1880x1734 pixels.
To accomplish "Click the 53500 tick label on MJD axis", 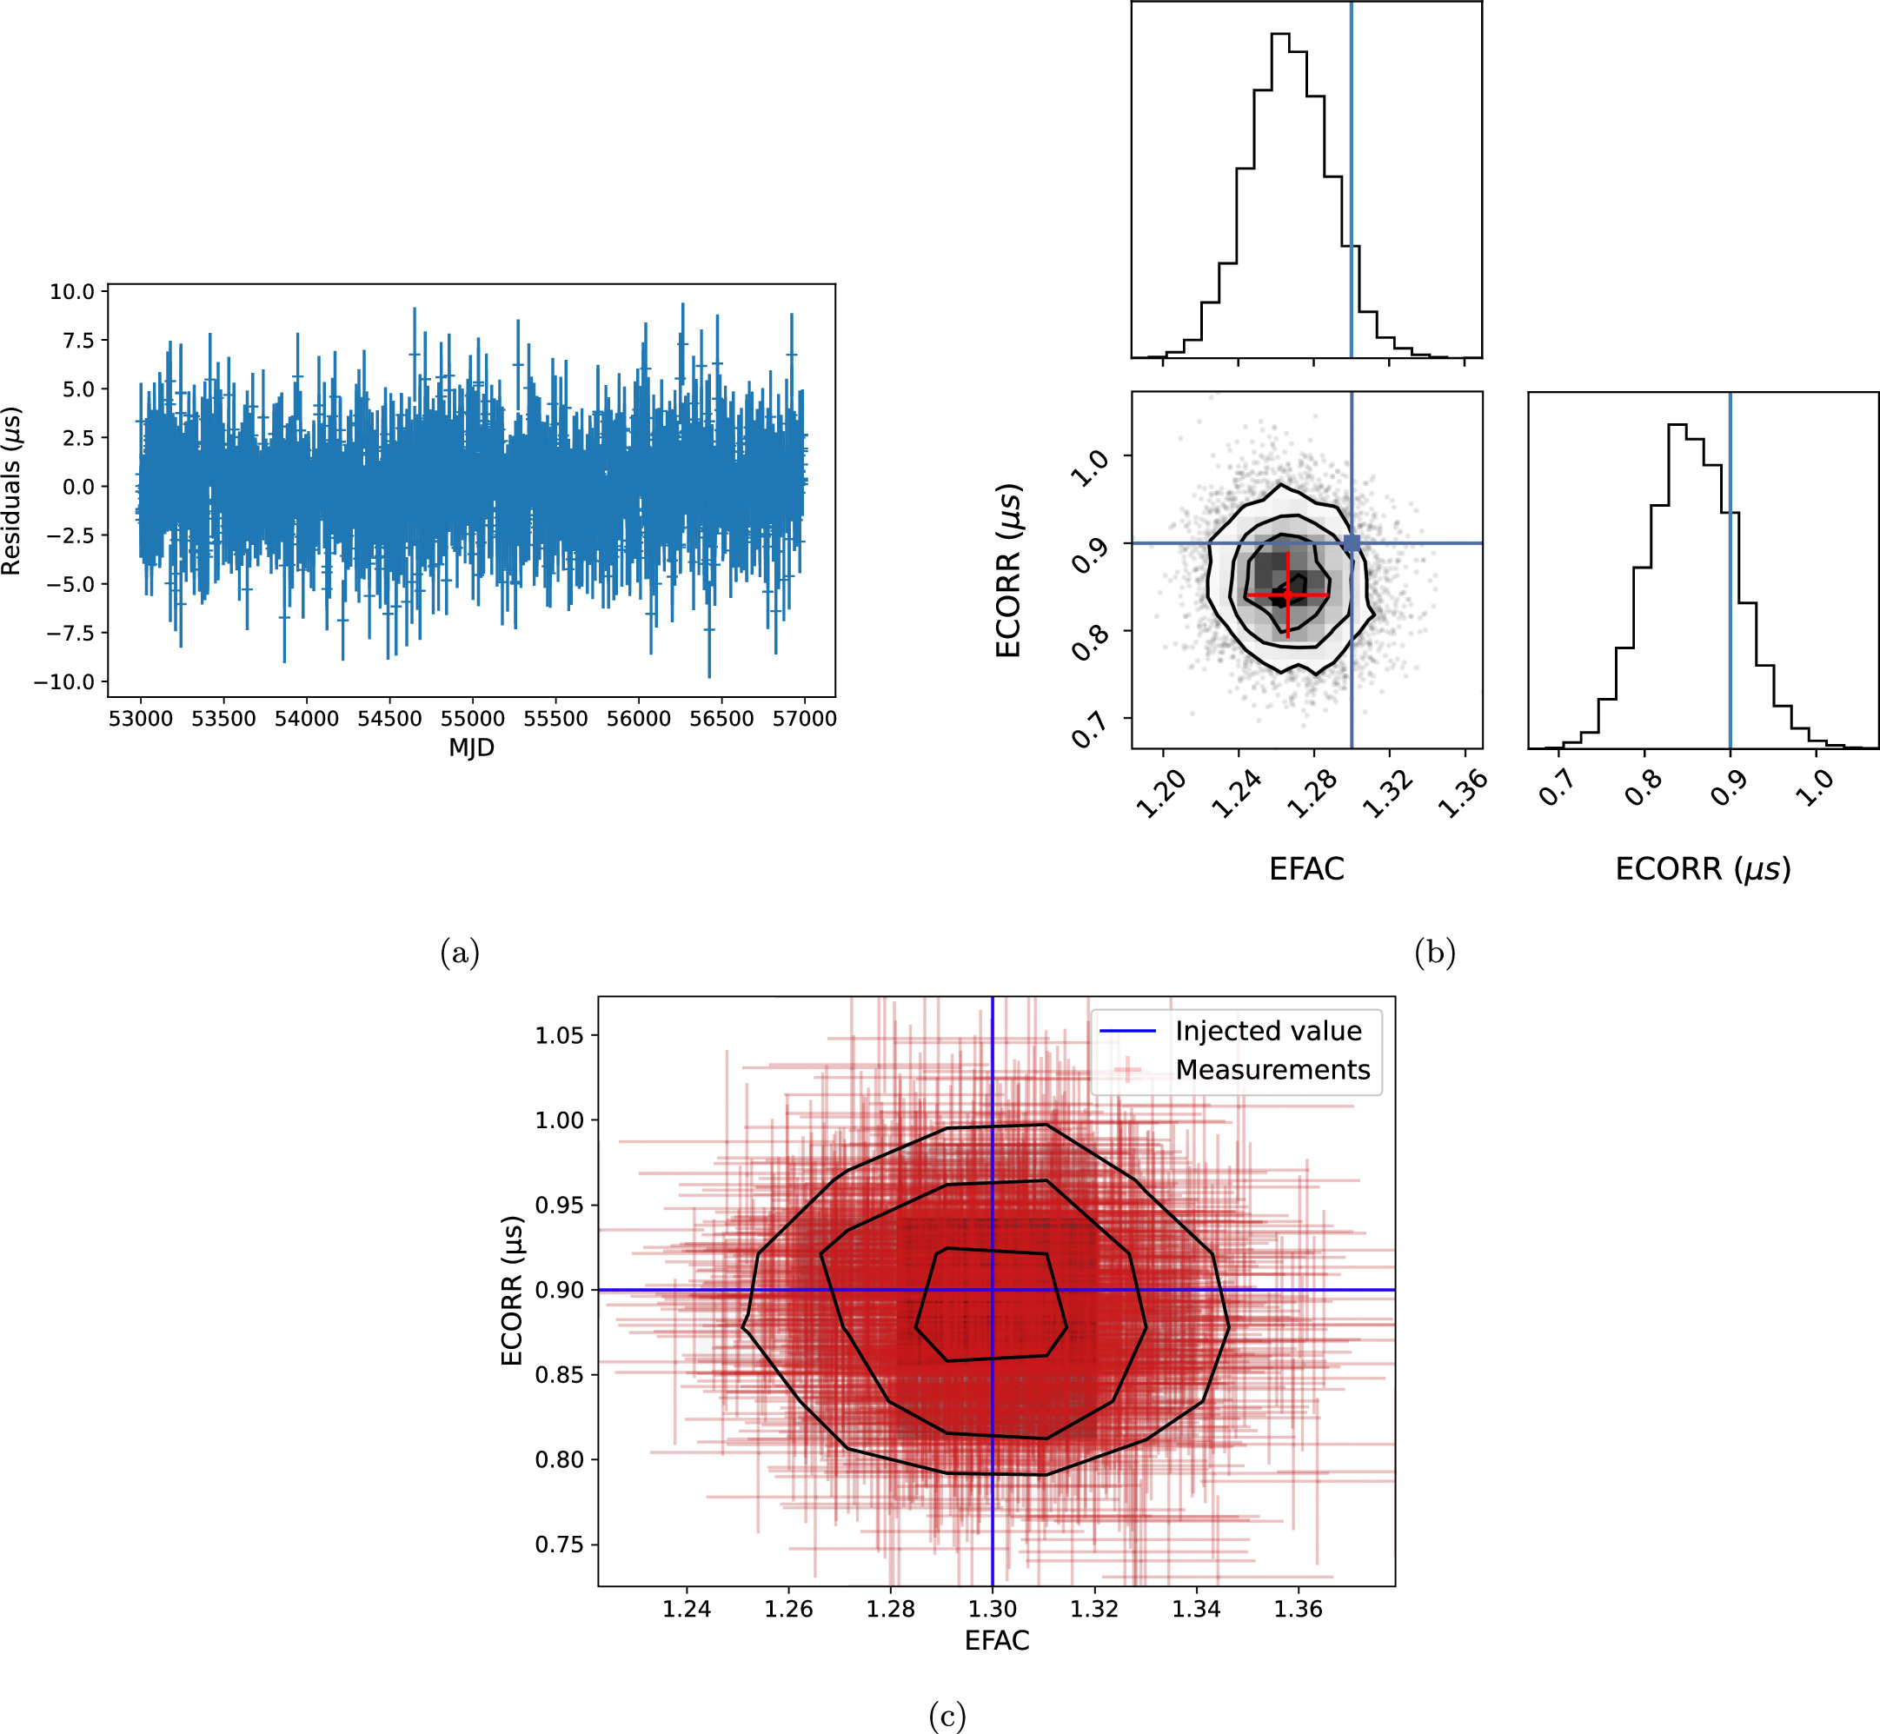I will pos(223,719).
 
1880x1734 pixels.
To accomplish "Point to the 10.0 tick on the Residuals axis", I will pos(72,292).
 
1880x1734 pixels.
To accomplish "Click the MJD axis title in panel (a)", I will pos(471,747).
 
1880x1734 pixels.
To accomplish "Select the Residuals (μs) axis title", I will pos(11,491).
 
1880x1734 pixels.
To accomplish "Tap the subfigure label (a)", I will pos(460,953).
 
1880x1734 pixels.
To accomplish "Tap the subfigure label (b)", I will pos(1434,953).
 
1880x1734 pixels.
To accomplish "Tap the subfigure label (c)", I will pos(947,1716).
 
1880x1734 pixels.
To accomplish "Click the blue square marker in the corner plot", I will pos(1352,542).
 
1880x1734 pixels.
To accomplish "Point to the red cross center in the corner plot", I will pos(1288,595).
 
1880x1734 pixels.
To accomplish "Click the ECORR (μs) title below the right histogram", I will pos(1703,869).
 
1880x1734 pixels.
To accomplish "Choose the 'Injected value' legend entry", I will pos(1267,1031).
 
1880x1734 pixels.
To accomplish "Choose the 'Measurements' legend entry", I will pos(1272,1070).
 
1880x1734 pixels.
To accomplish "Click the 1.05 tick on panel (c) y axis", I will pos(559,1036).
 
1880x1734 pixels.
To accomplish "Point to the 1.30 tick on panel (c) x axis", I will pos(993,1609).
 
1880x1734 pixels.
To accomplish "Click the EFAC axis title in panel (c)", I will pos(997,1640).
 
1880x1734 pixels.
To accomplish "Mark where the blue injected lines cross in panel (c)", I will pos(993,1290).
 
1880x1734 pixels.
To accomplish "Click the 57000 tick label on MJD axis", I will pos(804,719).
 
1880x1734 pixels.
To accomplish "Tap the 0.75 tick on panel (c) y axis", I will pos(559,1545).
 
